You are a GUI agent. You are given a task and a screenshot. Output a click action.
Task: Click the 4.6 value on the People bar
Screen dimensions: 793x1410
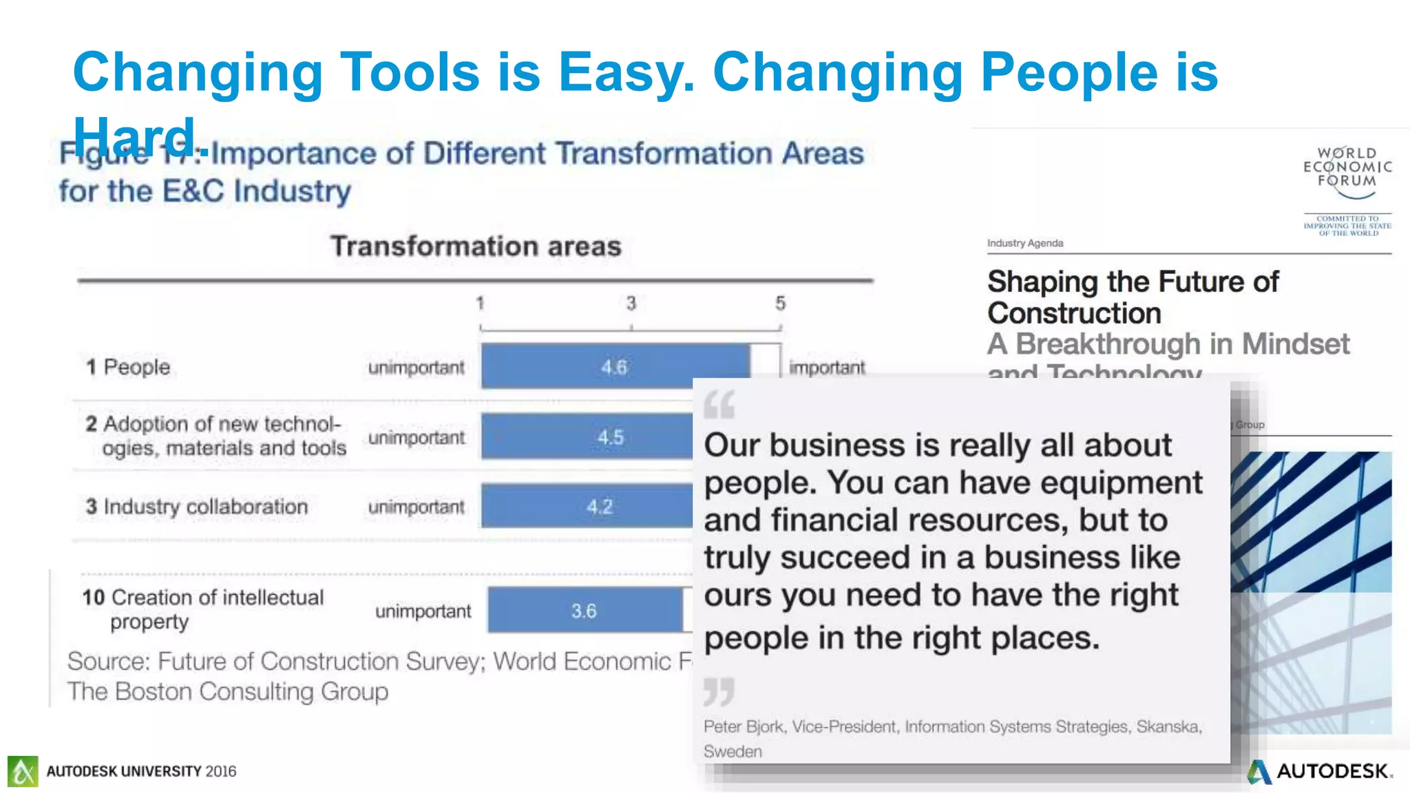(614, 367)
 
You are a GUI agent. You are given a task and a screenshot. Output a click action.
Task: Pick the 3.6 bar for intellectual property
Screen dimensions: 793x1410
(585, 611)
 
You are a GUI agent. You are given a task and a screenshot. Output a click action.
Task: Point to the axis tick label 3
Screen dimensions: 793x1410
(631, 304)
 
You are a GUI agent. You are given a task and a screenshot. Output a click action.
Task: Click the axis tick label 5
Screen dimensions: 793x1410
(780, 304)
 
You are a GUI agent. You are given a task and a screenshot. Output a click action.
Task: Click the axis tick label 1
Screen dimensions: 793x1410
(480, 304)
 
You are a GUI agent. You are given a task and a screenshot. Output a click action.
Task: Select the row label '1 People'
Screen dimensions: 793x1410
(128, 367)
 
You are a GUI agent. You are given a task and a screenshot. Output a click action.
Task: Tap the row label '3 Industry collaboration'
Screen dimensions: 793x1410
(197, 507)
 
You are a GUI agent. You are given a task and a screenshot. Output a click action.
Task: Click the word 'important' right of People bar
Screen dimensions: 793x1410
(827, 368)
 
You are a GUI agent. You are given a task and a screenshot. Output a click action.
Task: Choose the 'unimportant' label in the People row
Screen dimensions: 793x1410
(416, 368)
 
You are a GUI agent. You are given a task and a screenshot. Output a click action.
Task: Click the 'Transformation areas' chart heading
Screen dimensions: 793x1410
(476, 246)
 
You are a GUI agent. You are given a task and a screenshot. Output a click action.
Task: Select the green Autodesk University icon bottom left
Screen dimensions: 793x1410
(23, 771)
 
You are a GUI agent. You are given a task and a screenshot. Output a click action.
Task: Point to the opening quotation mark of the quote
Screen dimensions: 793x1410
(719, 405)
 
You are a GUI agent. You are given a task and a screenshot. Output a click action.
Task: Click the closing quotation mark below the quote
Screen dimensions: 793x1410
(719, 691)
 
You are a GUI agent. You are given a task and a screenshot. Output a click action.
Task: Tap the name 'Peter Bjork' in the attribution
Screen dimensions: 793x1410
(744, 727)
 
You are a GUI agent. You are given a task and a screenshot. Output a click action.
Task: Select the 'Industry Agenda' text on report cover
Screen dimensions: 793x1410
(1024, 243)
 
